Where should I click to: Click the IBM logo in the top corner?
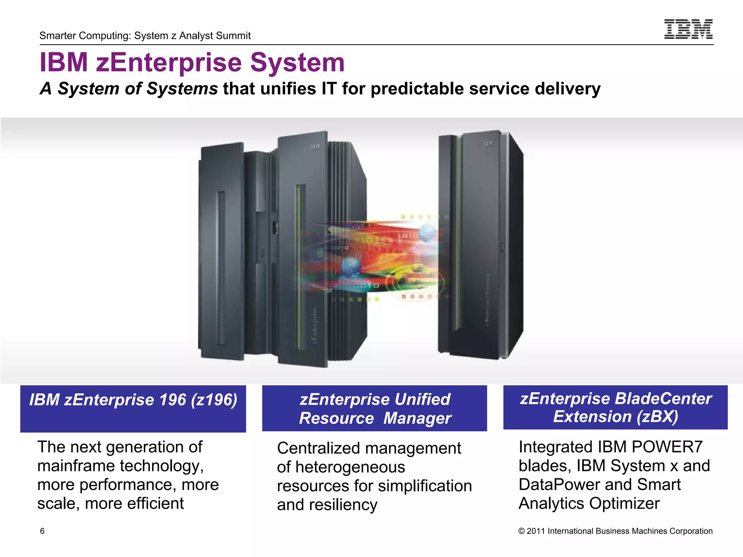[688, 29]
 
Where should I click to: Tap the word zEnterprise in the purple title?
[169, 62]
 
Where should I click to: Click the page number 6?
[42, 531]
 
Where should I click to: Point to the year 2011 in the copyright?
[535, 531]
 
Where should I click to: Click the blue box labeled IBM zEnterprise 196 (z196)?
[133, 408]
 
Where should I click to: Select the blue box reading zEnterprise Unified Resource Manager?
[374, 408]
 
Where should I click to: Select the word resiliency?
[343, 505]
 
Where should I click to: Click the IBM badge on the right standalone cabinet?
[488, 144]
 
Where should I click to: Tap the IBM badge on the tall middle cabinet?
[315, 147]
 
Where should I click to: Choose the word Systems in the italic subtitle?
[182, 88]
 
